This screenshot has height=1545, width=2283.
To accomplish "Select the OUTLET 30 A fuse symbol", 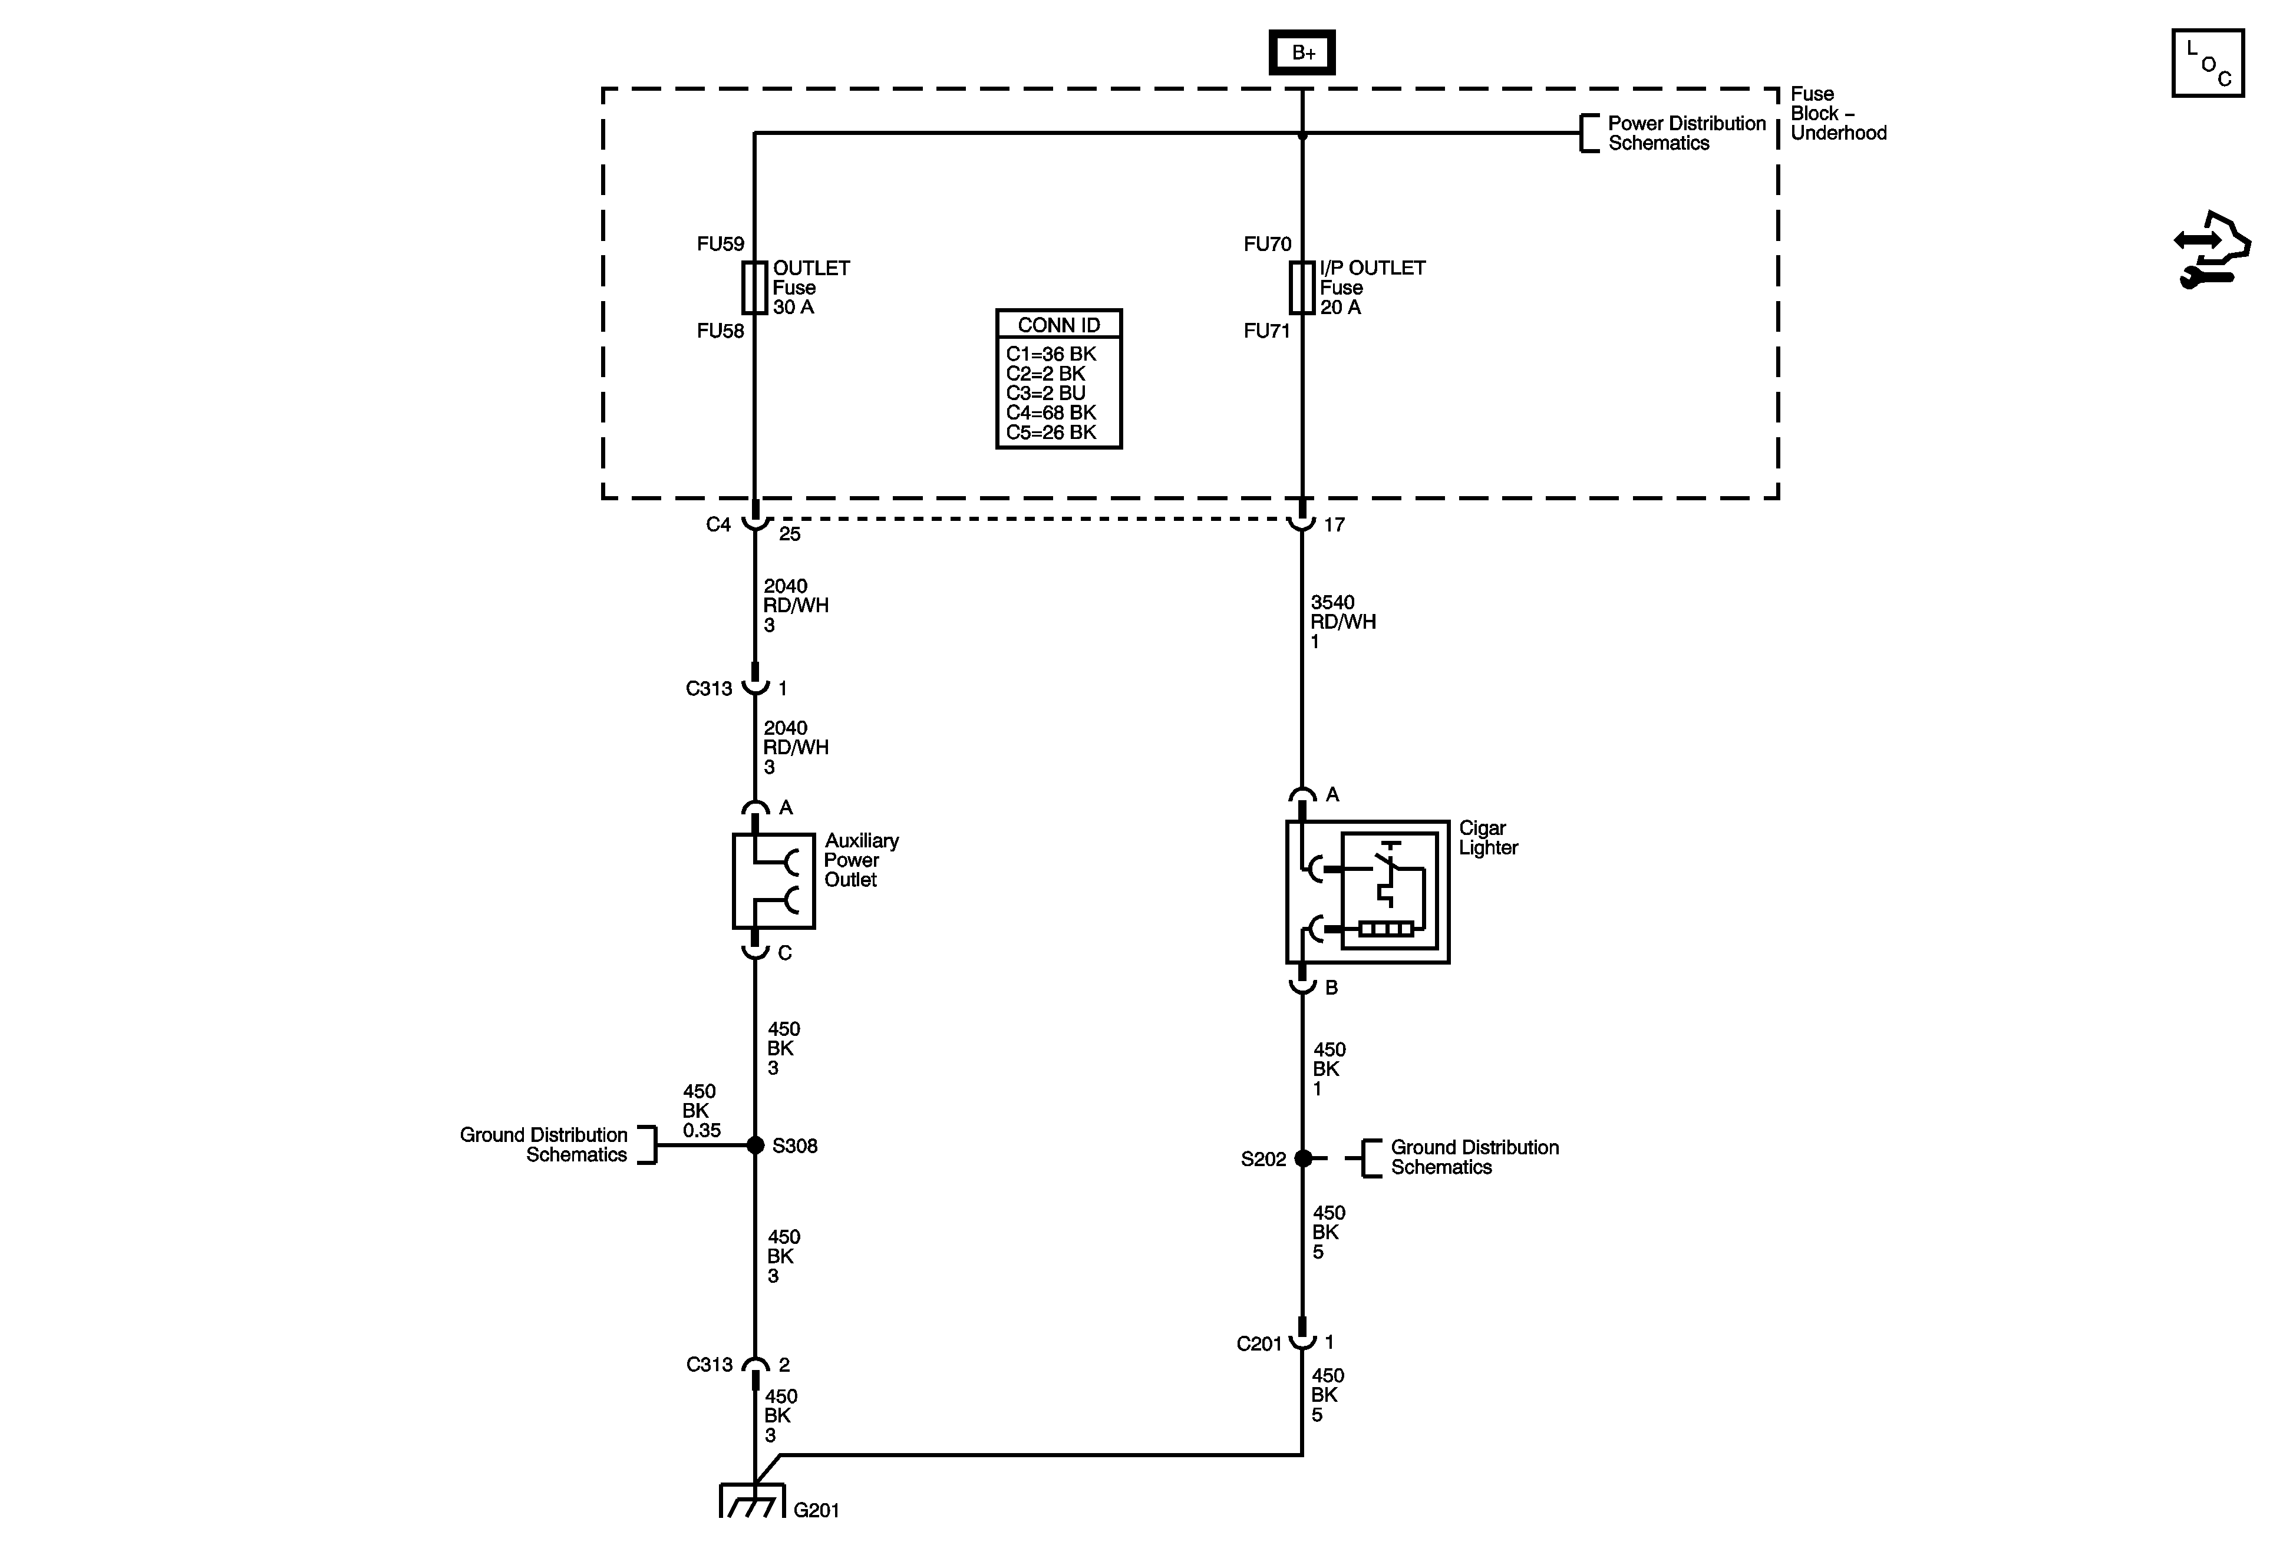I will (x=754, y=287).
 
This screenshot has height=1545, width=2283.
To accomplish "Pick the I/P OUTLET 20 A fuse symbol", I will (x=1302, y=287).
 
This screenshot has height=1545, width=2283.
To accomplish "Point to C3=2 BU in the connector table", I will (x=1045, y=393).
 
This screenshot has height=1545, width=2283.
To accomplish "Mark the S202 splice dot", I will (x=1302, y=1159).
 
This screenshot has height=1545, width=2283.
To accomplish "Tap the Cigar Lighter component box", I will (x=1367, y=892).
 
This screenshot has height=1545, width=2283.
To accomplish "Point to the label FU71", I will (x=1266, y=331).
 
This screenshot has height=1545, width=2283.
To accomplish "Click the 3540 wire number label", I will (x=1332, y=602).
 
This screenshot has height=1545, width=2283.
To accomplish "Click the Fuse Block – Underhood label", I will (x=1837, y=114).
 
